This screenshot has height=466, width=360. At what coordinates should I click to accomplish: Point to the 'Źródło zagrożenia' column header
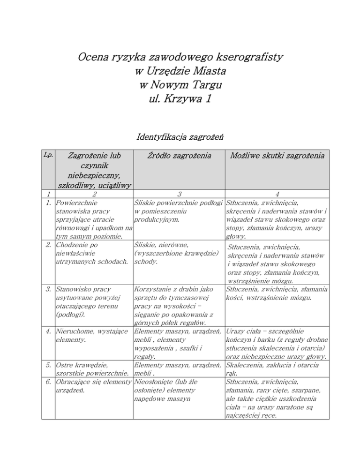point(178,155)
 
